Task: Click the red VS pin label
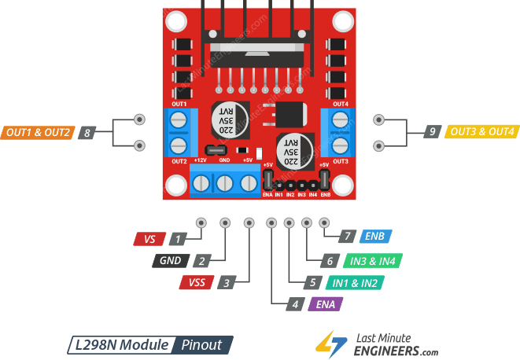click(150, 237)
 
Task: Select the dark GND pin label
click(171, 260)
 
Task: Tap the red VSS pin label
click(195, 282)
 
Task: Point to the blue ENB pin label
click(374, 237)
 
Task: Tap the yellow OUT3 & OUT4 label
click(481, 132)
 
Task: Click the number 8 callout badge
click(87, 133)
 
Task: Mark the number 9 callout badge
click(431, 132)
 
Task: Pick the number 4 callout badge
click(295, 304)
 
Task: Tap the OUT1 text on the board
click(179, 104)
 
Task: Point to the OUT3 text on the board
click(340, 160)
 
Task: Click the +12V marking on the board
click(200, 160)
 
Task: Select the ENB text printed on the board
click(325, 193)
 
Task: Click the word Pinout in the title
click(202, 343)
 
